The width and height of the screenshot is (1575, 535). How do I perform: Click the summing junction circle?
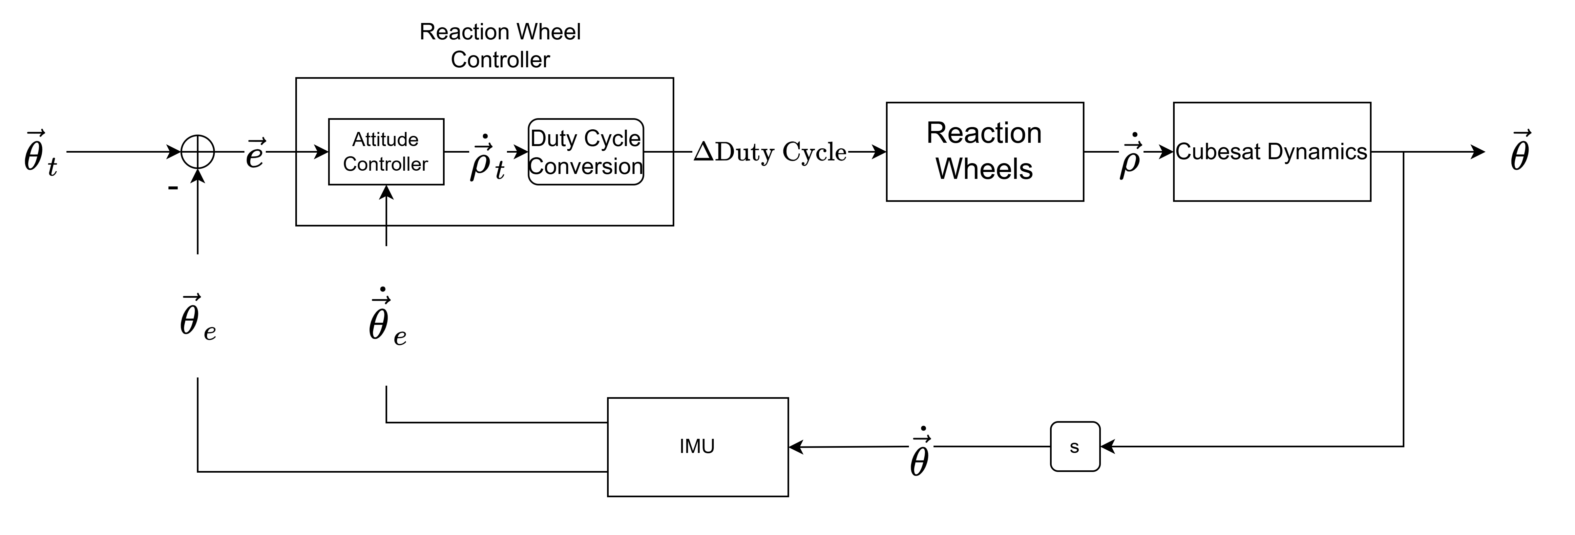point(198,152)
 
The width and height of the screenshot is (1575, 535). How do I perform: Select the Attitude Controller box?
point(386,152)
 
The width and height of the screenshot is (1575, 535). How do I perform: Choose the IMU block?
point(697,447)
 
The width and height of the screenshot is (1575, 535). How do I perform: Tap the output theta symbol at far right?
point(1520,152)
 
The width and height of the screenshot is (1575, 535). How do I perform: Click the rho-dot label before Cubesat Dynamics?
point(1130,157)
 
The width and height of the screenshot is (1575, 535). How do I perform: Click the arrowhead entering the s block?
point(1107,447)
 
